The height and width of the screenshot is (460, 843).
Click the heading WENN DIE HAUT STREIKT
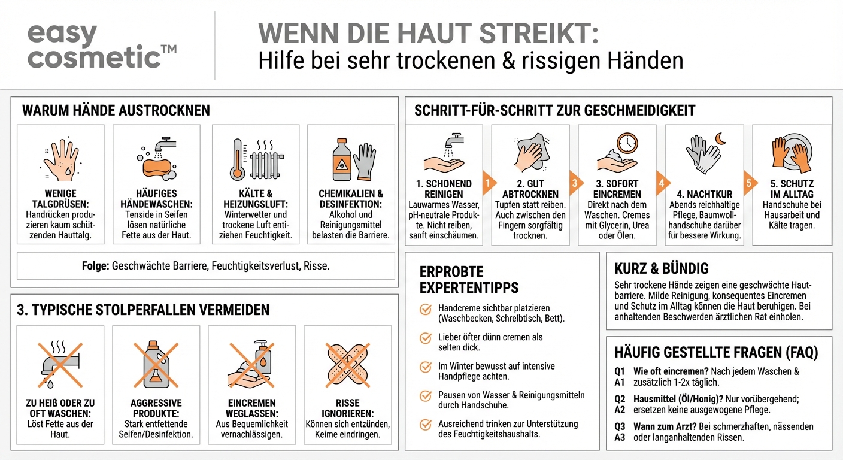pos(428,34)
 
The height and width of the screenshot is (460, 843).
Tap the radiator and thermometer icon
pos(255,160)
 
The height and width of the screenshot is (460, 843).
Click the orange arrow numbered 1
pos(488,183)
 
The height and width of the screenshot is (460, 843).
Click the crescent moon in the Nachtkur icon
pos(720,139)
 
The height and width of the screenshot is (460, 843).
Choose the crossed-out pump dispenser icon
pos(252,364)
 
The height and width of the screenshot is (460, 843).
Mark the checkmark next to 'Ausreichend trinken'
pos(426,425)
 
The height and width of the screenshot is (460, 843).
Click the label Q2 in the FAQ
pos(620,399)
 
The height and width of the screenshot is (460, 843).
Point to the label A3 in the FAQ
pos(620,437)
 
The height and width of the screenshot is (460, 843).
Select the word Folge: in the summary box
pos(96,265)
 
